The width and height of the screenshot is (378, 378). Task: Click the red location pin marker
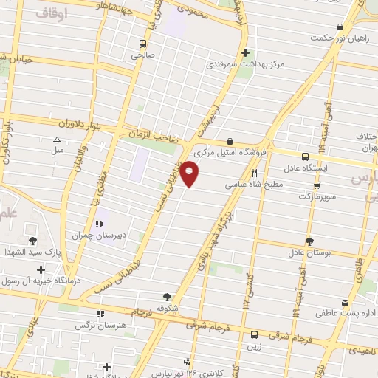click(190, 174)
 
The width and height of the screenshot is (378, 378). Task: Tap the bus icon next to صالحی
click(142, 44)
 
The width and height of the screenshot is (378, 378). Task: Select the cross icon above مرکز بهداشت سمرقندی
click(246, 52)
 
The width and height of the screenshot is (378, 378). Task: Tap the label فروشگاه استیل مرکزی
click(230, 154)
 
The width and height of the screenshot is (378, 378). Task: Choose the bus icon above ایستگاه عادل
click(305, 156)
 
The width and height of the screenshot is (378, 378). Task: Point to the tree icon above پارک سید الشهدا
click(32, 241)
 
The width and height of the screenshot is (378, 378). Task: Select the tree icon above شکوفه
click(168, 295)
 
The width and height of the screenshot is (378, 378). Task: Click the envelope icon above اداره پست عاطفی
click(345, 303)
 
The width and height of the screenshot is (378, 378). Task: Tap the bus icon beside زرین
click(253, 334)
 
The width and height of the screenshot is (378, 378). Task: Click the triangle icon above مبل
click(57, 140)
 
